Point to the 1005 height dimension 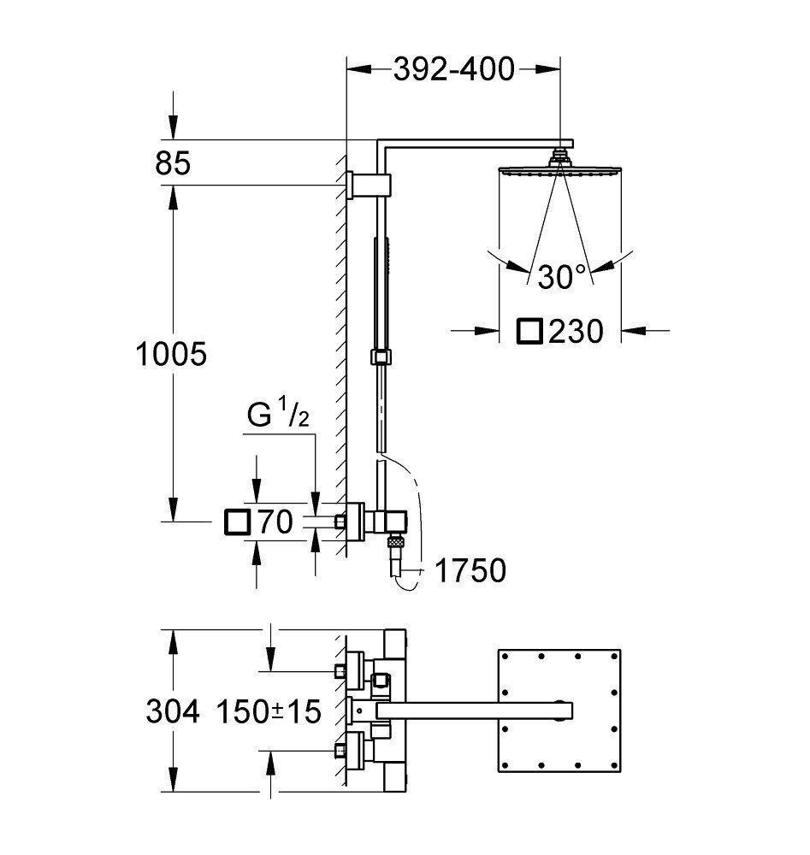pos(172,353)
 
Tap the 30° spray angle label pos(562,275)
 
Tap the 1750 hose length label pos(470,569)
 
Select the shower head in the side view pos(560,170)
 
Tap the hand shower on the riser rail pos(381,291)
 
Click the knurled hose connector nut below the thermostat pos(395,540)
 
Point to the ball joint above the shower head pos(560,156)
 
